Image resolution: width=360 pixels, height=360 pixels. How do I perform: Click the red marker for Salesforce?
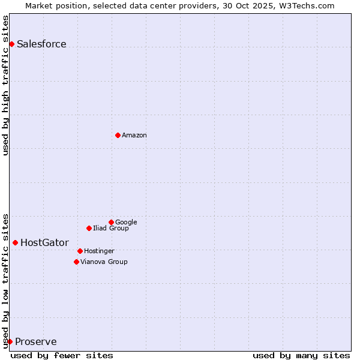11,44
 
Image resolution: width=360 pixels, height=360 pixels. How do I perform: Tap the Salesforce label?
41,44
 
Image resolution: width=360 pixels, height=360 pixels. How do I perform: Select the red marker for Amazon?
118,135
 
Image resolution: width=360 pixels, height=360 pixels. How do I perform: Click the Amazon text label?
134,135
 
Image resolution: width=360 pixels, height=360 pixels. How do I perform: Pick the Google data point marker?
111,222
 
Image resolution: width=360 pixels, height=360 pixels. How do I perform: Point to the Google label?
126,222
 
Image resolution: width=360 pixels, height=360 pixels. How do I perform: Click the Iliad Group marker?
89,228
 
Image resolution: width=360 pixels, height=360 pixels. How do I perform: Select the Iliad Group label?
111,228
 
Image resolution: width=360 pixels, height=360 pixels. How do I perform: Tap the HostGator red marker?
15,242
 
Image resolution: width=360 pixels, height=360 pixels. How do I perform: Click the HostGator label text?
44,242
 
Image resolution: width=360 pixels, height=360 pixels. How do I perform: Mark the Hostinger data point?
80,251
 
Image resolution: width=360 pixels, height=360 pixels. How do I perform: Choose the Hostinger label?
99,251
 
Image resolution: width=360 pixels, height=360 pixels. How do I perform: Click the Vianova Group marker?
76,262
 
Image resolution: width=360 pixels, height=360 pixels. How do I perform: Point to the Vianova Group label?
104,262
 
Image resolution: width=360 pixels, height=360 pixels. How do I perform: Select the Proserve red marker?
10,341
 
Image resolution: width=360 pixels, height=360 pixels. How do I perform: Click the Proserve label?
36,341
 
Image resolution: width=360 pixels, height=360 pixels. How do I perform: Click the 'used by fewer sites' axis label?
62,355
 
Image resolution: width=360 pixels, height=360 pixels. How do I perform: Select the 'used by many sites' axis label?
301,355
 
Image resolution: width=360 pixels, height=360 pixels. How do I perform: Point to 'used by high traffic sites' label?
6,85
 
